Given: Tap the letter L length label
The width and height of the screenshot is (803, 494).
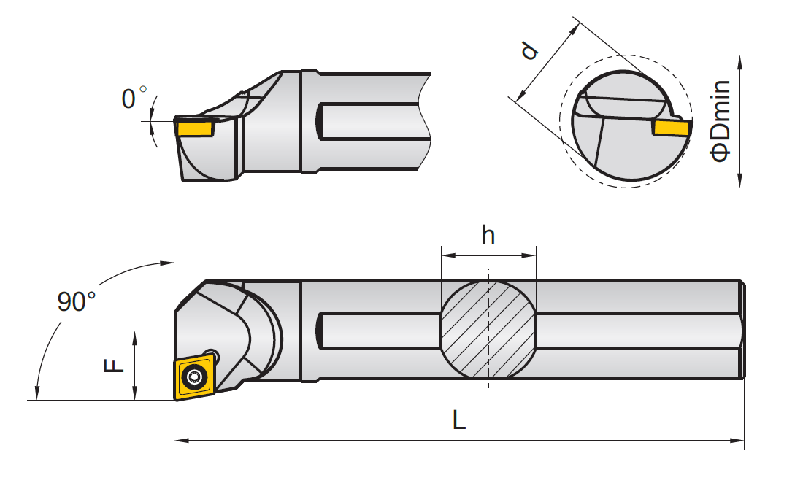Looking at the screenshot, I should point(458,420).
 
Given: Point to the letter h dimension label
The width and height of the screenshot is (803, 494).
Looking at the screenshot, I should point(488,235).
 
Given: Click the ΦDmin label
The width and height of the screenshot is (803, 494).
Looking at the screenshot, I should point(721,121).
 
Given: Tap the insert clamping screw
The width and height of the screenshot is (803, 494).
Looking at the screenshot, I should point(194,377).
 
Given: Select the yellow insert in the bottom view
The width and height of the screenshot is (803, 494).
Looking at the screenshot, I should point(193,377).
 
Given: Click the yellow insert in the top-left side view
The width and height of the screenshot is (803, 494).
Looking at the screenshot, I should point(195,128).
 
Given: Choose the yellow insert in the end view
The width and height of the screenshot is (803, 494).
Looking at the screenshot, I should point(671,128).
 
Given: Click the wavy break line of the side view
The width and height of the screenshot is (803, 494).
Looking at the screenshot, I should point(425,120).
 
